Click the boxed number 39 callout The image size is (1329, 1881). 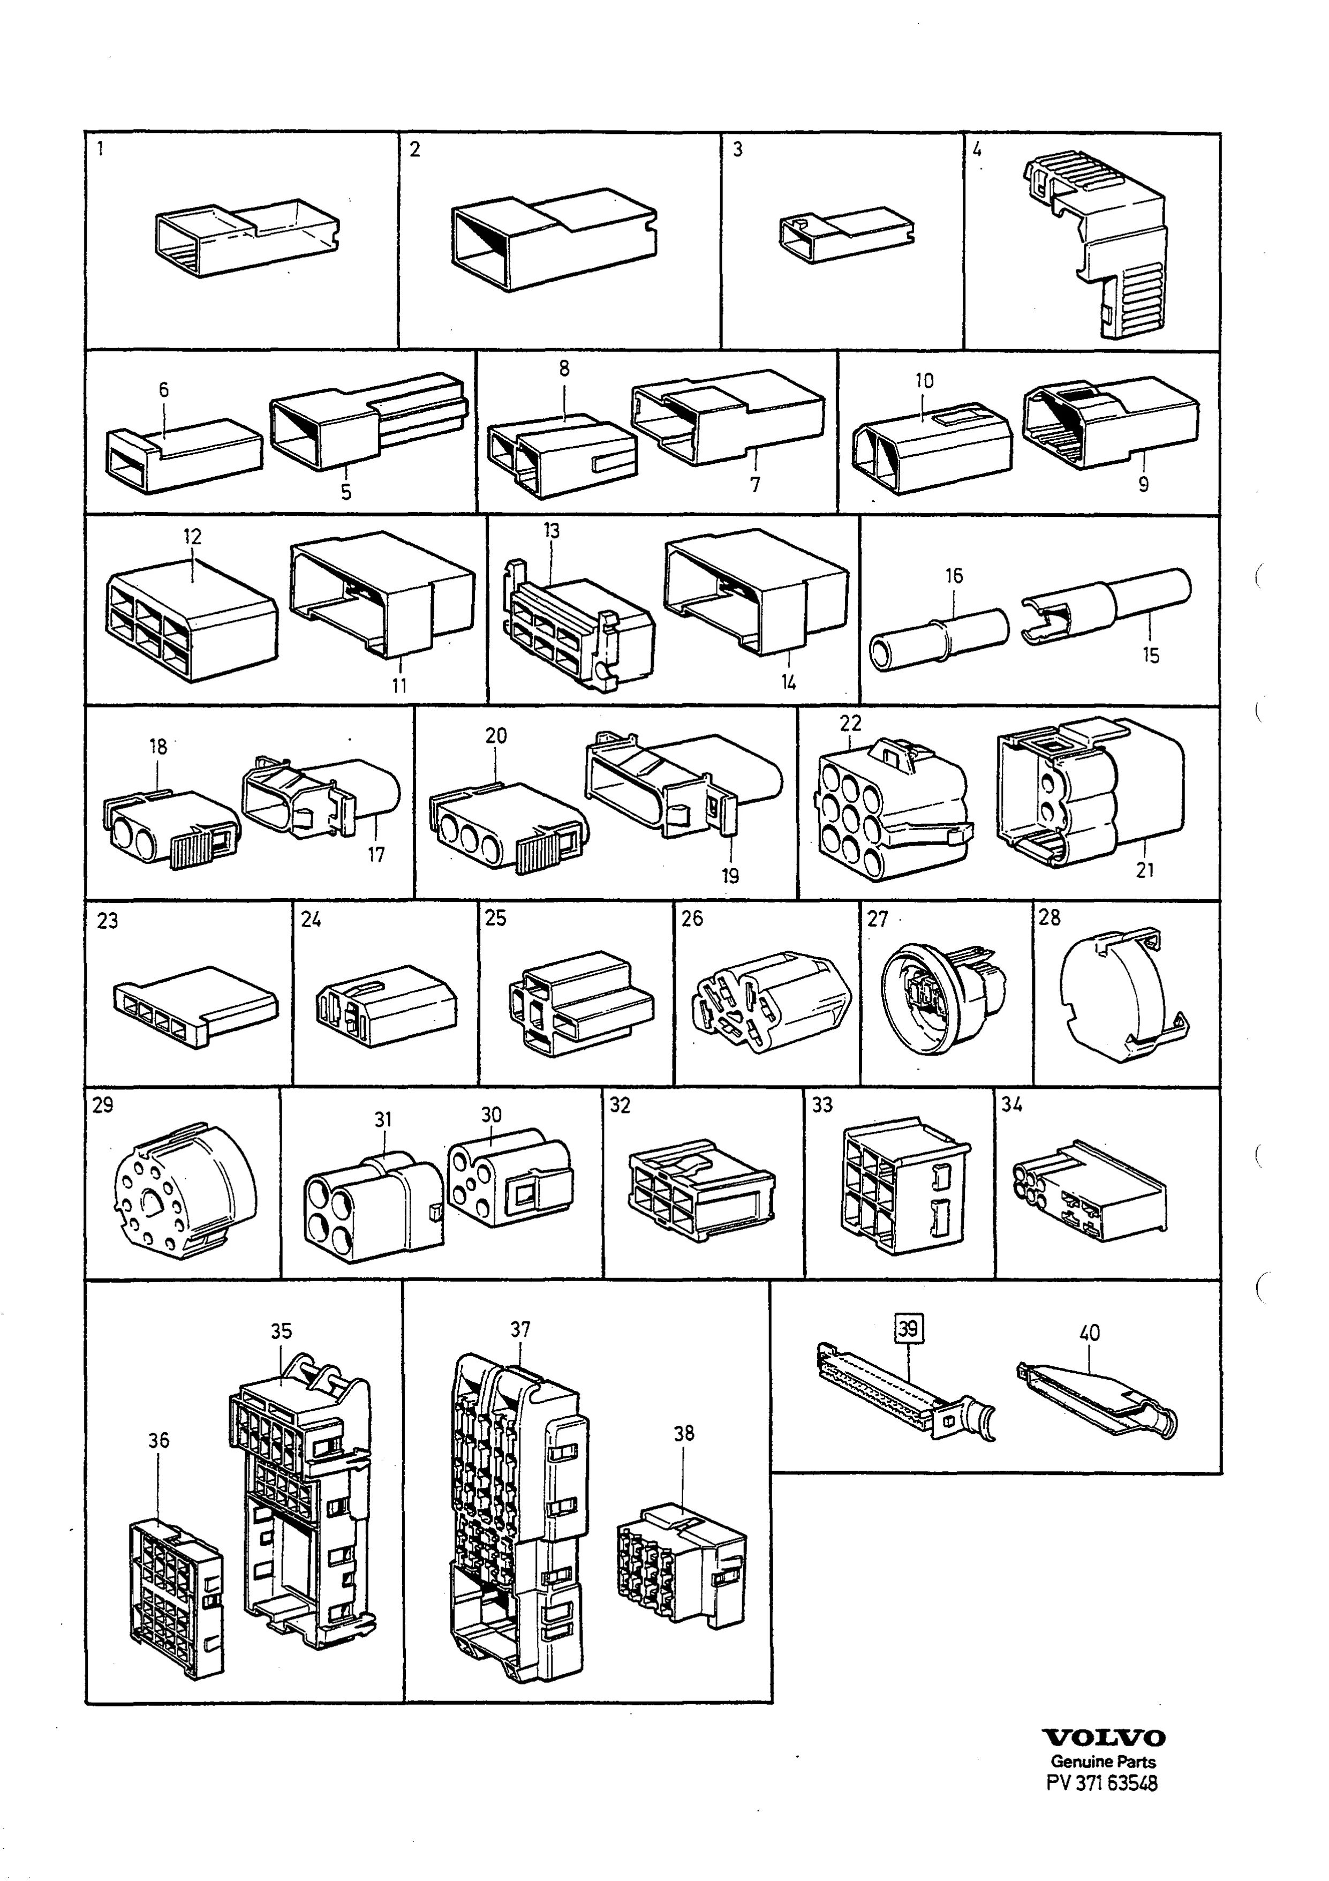point(909,1327)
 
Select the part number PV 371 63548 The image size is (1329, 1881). point(1102,1782)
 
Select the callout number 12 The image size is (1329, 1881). point(192,537)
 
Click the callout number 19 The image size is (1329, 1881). point(730,876)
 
